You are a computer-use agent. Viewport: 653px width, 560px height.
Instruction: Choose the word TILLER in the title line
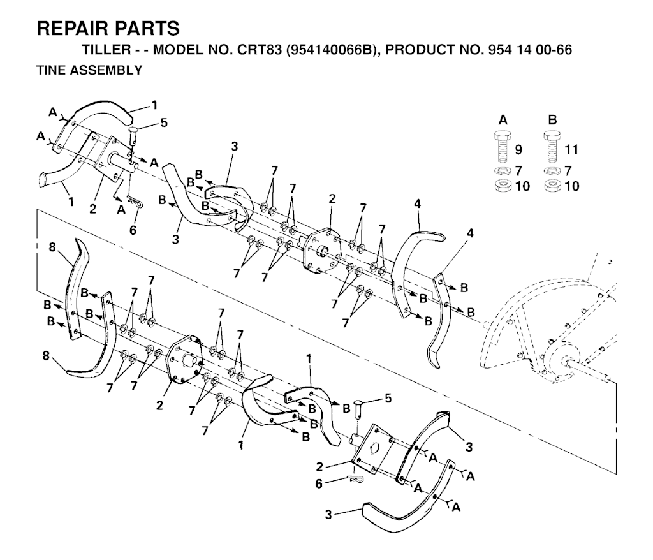[106, 50]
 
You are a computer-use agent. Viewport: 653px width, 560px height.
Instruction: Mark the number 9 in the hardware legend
[518, 149]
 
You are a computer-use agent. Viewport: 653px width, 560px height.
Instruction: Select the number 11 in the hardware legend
[571, 149]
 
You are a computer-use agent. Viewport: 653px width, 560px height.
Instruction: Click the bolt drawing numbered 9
[503, 147]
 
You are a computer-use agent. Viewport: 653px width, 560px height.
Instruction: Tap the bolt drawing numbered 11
[552, 147]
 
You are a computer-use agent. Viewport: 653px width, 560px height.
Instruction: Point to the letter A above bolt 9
[503, 121]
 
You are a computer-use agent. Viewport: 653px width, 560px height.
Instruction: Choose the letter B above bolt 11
[553, 121]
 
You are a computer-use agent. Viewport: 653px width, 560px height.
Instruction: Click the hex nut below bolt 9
[503, 186]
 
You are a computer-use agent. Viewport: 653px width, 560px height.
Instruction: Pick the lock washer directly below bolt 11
[552, 171]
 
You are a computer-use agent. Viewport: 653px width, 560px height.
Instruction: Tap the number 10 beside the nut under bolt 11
[571, 186]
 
